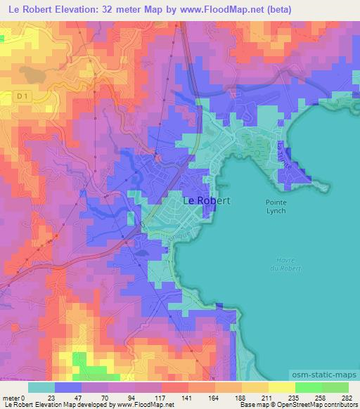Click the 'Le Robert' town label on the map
pos(206,200)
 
